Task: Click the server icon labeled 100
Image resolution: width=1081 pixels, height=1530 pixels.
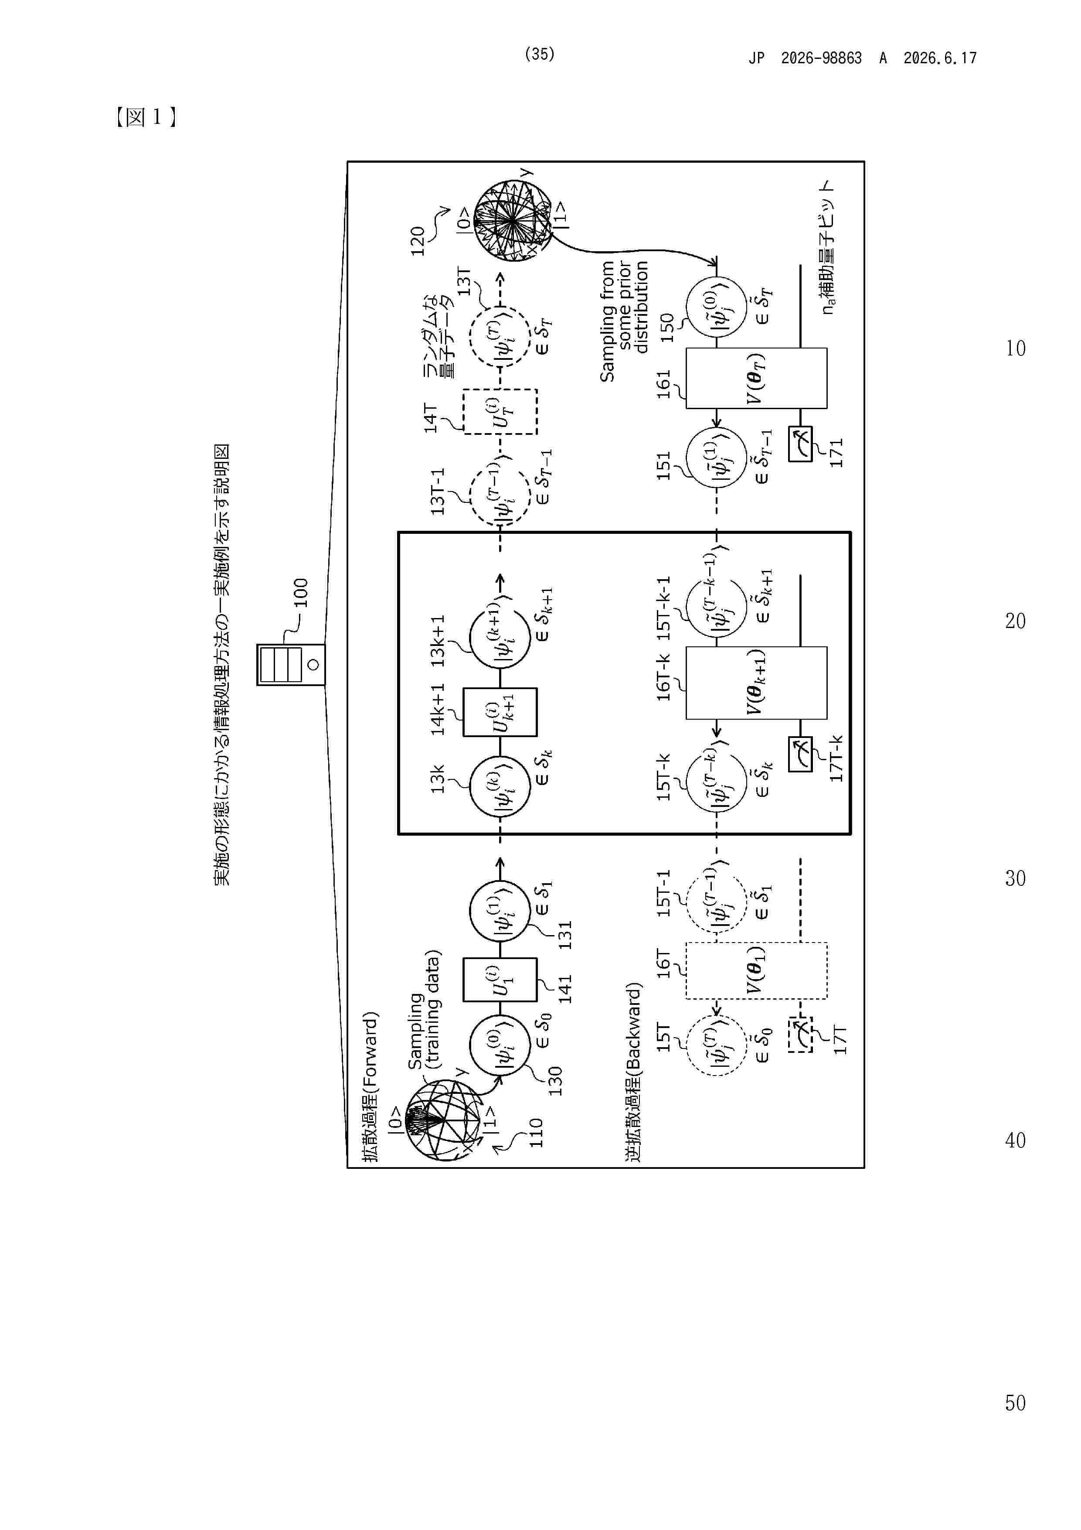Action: point(291,664)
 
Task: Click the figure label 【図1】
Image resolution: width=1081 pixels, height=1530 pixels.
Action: point(145,117)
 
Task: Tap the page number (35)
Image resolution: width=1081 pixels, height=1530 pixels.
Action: point(540,54)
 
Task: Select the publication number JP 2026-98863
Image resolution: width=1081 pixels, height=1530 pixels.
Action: point(805,58)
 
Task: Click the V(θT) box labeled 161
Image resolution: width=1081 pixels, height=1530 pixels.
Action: point(757,378)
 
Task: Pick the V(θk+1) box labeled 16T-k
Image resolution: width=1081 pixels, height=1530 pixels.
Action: point(757,683)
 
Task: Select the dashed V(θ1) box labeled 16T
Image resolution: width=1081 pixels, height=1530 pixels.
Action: point(757,970)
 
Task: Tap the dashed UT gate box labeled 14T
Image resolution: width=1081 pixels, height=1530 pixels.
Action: point(500,412)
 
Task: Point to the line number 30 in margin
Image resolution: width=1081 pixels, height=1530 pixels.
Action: point(1015,878)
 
